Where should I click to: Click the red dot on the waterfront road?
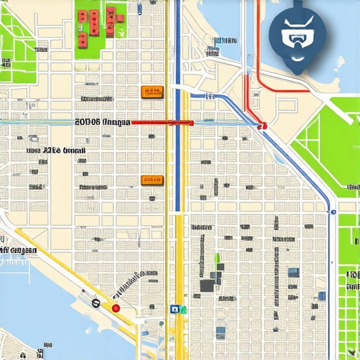coord(116,308)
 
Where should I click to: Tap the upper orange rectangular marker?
coord(152,91)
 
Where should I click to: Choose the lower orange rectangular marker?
coord(152,180)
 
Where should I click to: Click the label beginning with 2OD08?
coord(103,122)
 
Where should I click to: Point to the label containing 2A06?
coord(56,150)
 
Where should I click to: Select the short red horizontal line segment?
coord(162,122)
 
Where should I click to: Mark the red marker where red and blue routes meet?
coord(262,126)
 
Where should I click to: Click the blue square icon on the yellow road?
coord(174,308)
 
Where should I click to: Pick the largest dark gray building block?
coord(208,285)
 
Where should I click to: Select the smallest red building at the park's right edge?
coord(121,15)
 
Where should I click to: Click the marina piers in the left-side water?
coord(14,267)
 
